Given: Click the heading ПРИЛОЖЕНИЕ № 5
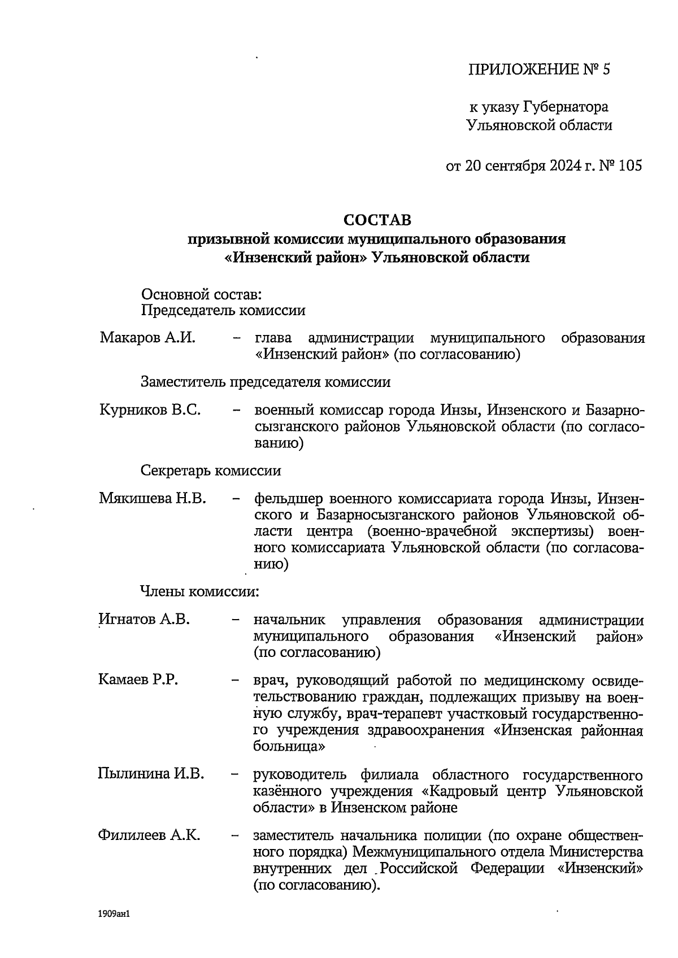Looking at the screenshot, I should pyautogui.click(x=540, y=69).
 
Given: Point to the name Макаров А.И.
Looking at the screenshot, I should pyautogui.click(x=147, y=338).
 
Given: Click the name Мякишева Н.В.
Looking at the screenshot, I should pyautogui.click(x=153, y=499).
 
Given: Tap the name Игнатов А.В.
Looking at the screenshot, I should pyautogui.click(x=144, y=620).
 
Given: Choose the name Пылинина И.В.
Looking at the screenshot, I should pyautogui.click(x=151, y=774).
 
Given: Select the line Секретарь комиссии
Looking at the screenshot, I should pyautogui.click(x=210, y=471).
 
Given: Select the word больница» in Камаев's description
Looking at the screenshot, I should pyautogui.click(x=289, y=746).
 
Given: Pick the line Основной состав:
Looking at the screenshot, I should pyautogui.click(x=201, y=294).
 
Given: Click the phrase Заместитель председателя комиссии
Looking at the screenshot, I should pyautogui.click(x=266, y=382).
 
